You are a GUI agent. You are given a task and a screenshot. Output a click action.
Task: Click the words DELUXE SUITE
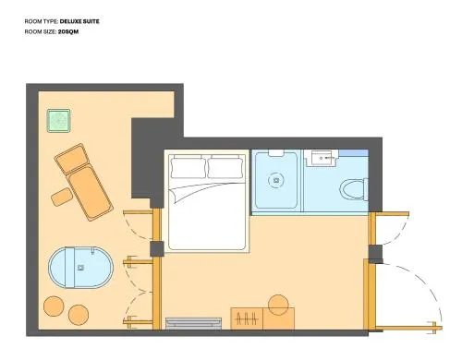point(79,21)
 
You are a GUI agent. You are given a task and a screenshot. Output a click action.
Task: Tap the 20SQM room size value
point(68,31)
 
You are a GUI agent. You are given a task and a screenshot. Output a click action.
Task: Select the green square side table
point(58,121)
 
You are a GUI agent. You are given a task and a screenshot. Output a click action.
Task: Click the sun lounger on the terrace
point(83,182)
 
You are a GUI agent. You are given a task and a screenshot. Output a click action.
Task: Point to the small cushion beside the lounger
point(61,197)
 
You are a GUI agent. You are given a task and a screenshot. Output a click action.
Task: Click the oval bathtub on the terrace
point(81,268)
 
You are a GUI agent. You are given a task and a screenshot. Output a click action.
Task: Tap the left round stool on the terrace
point(54,306)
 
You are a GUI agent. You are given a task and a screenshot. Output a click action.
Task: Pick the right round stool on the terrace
point(79,315)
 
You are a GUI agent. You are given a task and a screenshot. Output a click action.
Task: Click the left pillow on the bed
point(188,167)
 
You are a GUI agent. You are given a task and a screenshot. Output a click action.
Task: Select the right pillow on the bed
point(225,167)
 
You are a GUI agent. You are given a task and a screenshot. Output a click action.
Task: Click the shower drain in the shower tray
point(276,180)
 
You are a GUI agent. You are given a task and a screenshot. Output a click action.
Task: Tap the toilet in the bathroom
point(354,189)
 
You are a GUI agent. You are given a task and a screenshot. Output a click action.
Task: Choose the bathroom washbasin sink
point(322,158)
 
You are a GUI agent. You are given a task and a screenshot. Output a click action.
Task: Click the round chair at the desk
point(278,305)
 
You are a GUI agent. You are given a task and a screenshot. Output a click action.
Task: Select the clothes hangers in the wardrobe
point(247,319)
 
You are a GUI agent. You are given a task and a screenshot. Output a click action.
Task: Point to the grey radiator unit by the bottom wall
point(193,324)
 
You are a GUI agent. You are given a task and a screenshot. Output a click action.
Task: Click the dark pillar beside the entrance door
point(375,254)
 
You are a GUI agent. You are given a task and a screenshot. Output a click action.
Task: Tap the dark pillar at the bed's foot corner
point(157,249)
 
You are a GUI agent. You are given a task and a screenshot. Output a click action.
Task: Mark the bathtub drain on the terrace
point(81,268)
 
